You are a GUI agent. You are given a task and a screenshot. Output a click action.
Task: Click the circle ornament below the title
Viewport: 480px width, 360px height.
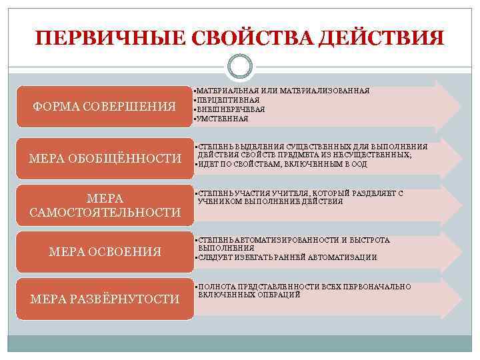(240, 67)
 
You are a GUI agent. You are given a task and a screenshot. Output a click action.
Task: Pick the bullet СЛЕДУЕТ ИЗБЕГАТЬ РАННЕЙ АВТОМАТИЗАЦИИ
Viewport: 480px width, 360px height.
(287, 257)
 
